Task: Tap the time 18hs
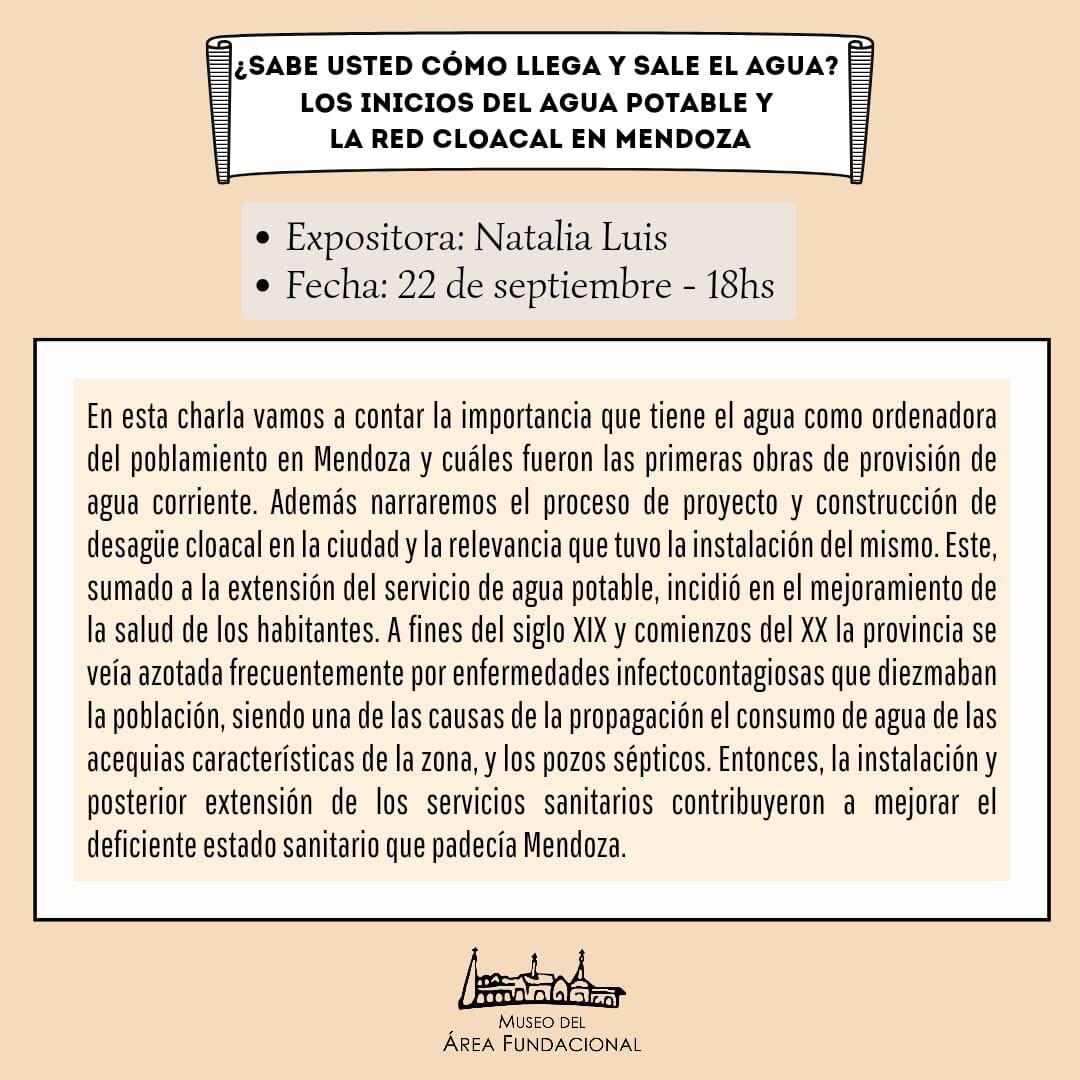[740, 286]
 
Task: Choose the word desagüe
[128, 545]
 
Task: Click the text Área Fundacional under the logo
[541, 1044]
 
